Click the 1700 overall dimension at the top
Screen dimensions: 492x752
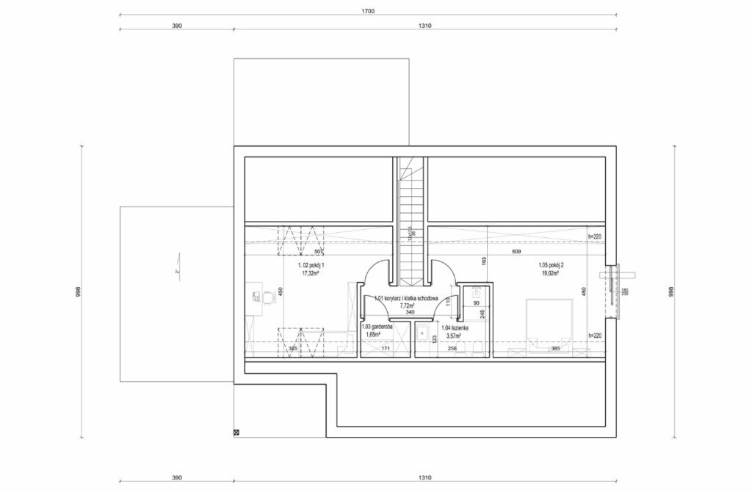[x=368, y=11]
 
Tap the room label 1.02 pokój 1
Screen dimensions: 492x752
[x=310, y=265]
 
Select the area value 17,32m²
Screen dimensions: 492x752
[x=310, y=272]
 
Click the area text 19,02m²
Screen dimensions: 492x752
[x=549, y=272]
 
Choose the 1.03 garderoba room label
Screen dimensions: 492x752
[x=377, y=327]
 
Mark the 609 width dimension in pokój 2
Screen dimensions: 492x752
[x=516, y=253]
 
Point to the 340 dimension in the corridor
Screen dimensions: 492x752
[x=409, y=312]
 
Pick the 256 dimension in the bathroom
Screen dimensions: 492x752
[x=452, y=349]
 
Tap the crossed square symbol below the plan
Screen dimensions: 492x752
[x=236, y=433]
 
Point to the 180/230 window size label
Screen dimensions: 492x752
[x=624, y=293]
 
